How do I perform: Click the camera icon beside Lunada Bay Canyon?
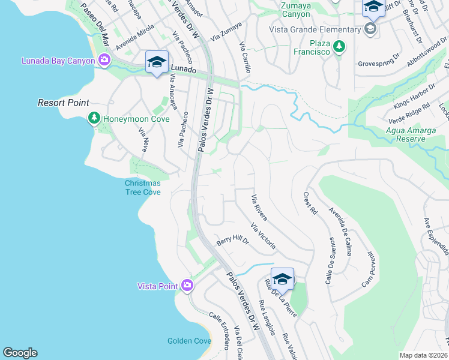[x=104, y=59]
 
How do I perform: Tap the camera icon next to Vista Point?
[x=187, y=285]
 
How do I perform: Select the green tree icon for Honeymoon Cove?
[x=94, y=118]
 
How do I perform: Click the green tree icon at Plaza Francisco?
[x=340, y=46]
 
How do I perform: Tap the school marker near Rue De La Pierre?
[x=282, y=278]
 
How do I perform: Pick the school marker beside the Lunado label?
[x=157, y=62]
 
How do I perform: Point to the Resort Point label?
[x=64, y=103]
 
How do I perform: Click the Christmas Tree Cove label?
[x=142, y=187]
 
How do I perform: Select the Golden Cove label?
[x=189, y=341]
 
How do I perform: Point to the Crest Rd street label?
[x=310, y=203]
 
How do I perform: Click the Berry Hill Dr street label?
[x=233, y=241]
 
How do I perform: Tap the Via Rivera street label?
[x=259, y=208]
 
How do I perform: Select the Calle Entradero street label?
[x=219, y=330]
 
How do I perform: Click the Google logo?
[x=20, y=353]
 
